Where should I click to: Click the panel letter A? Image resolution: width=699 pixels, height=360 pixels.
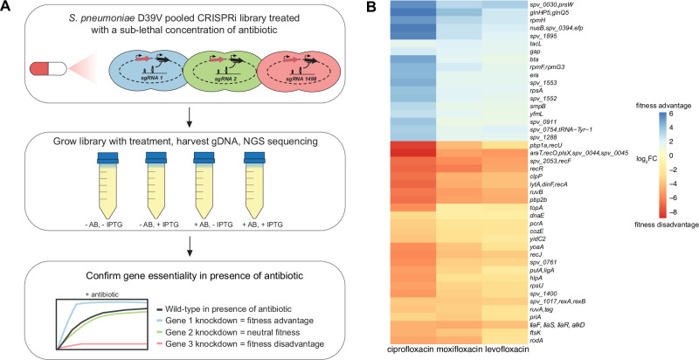(x=7, y=7)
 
